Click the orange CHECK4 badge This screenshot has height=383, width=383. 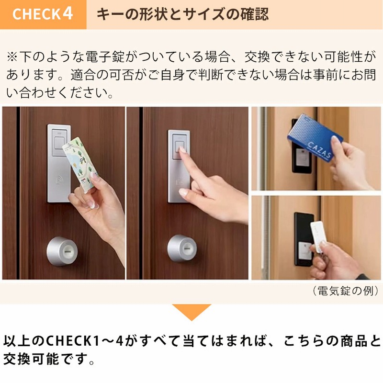pyautogui.click(x=43, y=14)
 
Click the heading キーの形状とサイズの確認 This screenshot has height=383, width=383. pyautogui.click(x=182, y=14)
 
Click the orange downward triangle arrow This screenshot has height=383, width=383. pyautogui.click(x=191, y=312)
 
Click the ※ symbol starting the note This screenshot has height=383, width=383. pyautogui.click(x=12, y=57)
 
